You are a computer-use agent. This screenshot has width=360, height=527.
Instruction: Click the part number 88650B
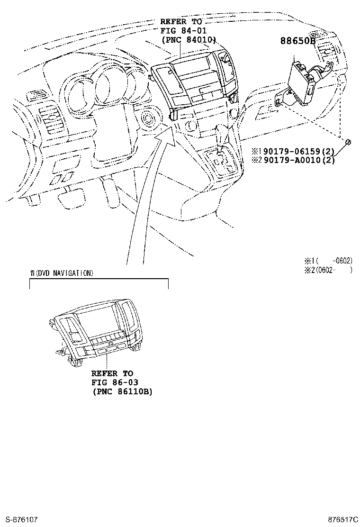297,41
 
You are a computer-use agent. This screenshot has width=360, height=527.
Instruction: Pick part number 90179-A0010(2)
294,160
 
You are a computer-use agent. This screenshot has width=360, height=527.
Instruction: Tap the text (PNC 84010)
189,40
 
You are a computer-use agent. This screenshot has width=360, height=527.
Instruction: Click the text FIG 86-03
115,382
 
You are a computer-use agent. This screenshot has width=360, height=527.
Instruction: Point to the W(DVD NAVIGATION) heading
62,273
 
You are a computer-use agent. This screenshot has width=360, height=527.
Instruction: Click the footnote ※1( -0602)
328,260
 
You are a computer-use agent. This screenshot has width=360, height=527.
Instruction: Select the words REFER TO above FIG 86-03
112,373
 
